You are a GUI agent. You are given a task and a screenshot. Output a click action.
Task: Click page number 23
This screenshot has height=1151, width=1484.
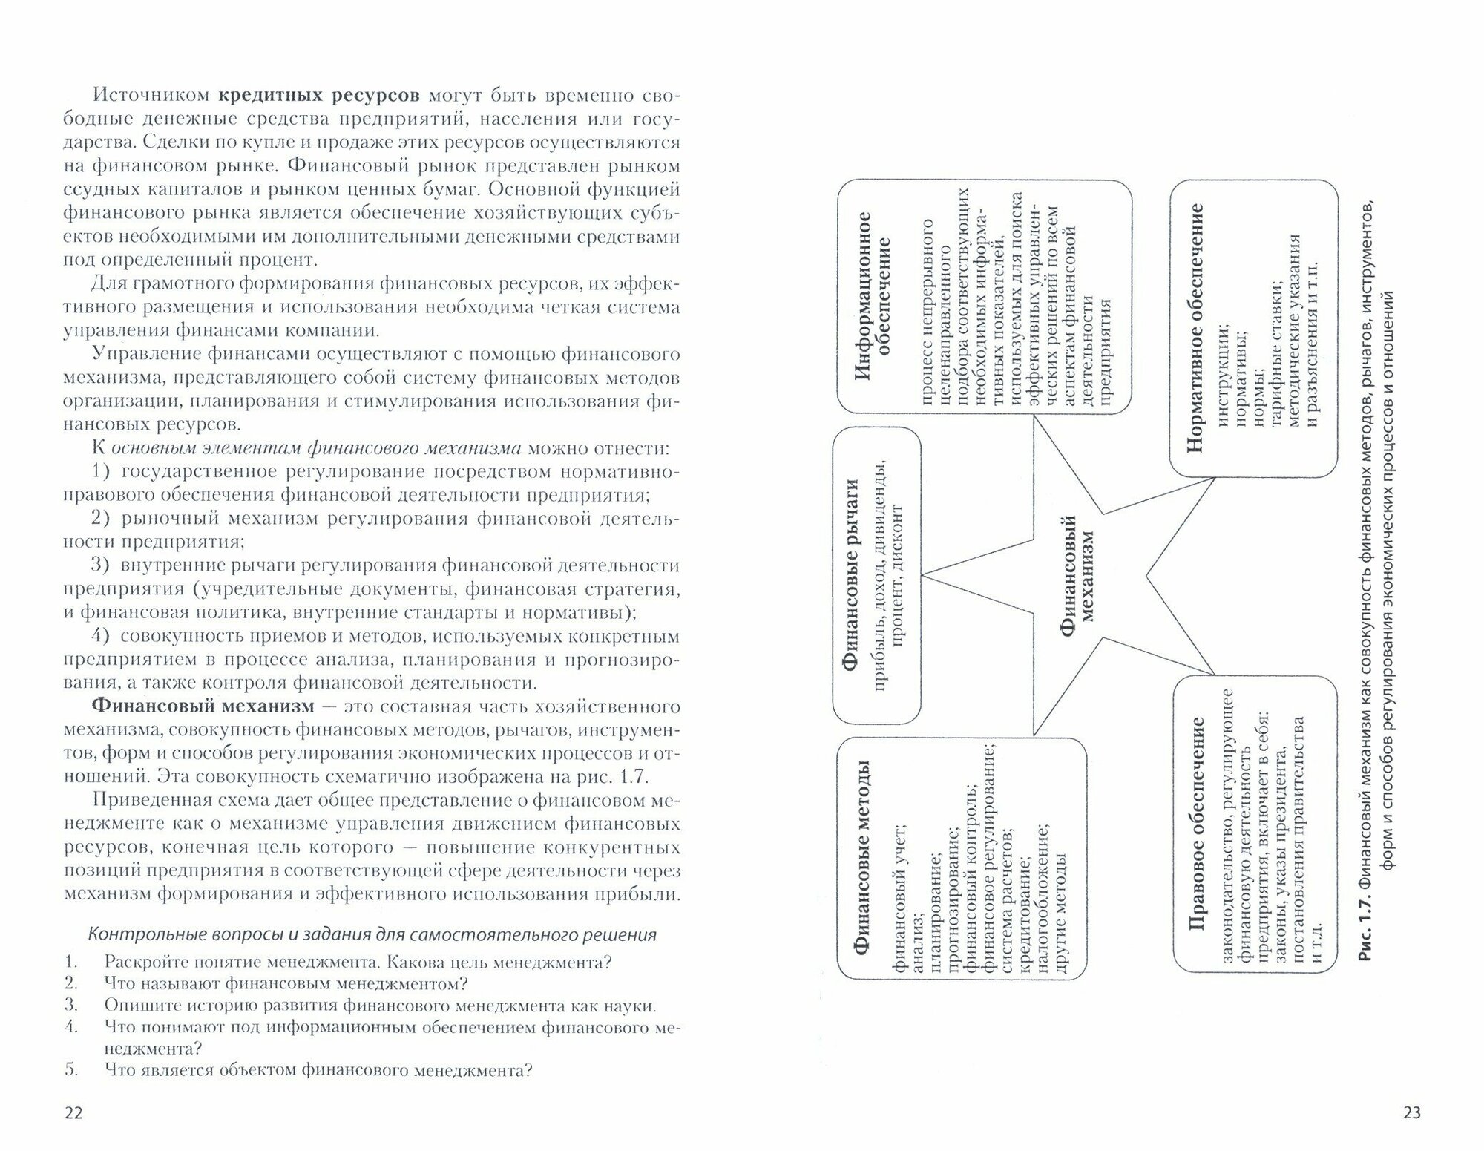pyautogui.click(x=1411, y=1112)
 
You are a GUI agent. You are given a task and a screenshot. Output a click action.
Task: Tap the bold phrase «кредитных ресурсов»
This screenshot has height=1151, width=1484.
pyautogui.click(x=320, y=96)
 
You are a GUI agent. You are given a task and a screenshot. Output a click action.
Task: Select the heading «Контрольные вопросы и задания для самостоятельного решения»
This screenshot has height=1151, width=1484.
pyautogui.click(x=372, y=934)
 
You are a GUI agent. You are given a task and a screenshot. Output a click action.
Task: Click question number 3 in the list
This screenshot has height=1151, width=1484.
pyautogui.click(x=71, y=1006)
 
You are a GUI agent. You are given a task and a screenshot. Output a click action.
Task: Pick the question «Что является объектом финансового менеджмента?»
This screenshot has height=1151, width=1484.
pyautogui.click(x=318, y=1070)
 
